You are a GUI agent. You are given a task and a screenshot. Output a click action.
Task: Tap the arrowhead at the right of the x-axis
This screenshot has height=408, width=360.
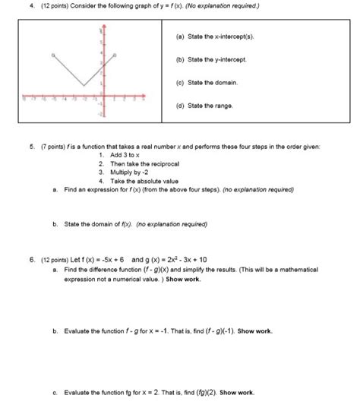coord(153,98)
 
